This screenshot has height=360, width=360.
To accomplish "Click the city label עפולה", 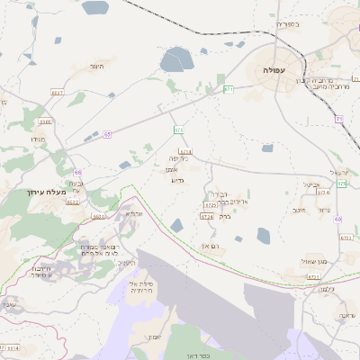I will [274, 69].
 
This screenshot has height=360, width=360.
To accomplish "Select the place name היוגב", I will [97, 67].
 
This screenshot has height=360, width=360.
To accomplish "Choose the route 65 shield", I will [107, 133].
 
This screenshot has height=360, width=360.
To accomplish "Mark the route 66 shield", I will [78, 171].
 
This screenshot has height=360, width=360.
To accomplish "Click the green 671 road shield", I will [229, 89].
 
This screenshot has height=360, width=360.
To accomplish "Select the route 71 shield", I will [338, 119].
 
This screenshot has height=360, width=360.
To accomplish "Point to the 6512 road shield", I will [73, 202].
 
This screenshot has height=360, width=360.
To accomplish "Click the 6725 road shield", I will [210, 206].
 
